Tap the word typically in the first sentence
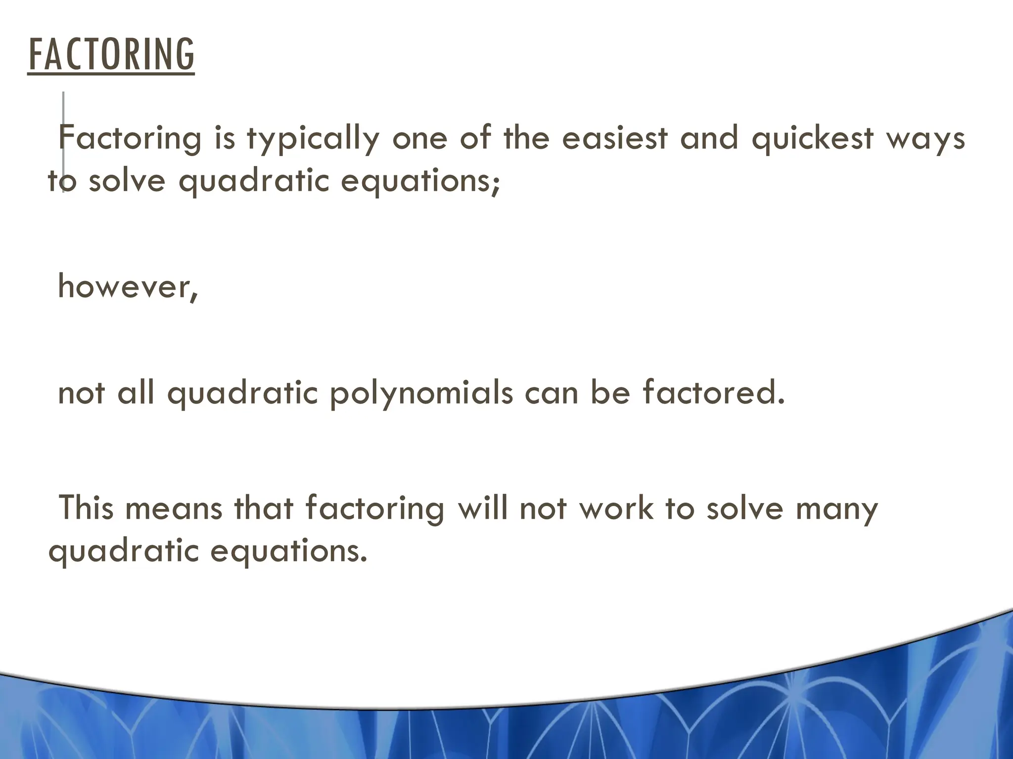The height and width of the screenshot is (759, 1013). [313, 139]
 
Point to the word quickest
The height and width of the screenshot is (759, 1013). [812, 139]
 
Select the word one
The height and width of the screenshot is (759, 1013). [420, 138]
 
